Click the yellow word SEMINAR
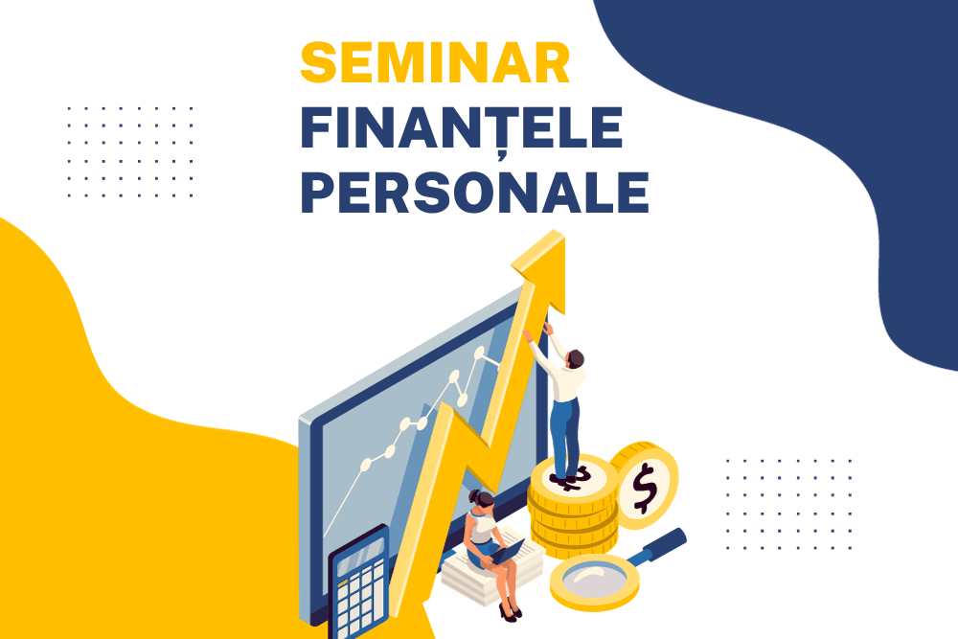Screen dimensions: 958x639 click(x=435, y=62)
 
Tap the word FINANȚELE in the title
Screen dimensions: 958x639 click(x=462, y=128)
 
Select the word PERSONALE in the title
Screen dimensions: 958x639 click(x=475, y=192)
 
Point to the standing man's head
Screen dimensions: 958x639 click(x=575, y=358)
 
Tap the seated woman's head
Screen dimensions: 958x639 click(x=483, y=500)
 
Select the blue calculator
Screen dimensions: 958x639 click(x=358, y=581)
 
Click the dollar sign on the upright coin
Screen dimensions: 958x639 click(x=644, y=487)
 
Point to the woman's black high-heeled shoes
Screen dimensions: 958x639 click(x=510, y=611)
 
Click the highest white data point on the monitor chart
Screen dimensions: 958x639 click(x=480, y=353)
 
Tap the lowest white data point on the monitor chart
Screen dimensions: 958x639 click(x=366, y=465)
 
